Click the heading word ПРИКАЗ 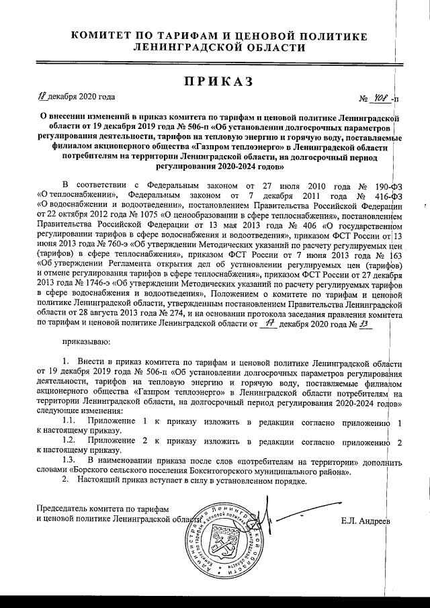(x=215, y=81)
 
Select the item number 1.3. (x=68, y=462)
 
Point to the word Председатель (x=62, y=509)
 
